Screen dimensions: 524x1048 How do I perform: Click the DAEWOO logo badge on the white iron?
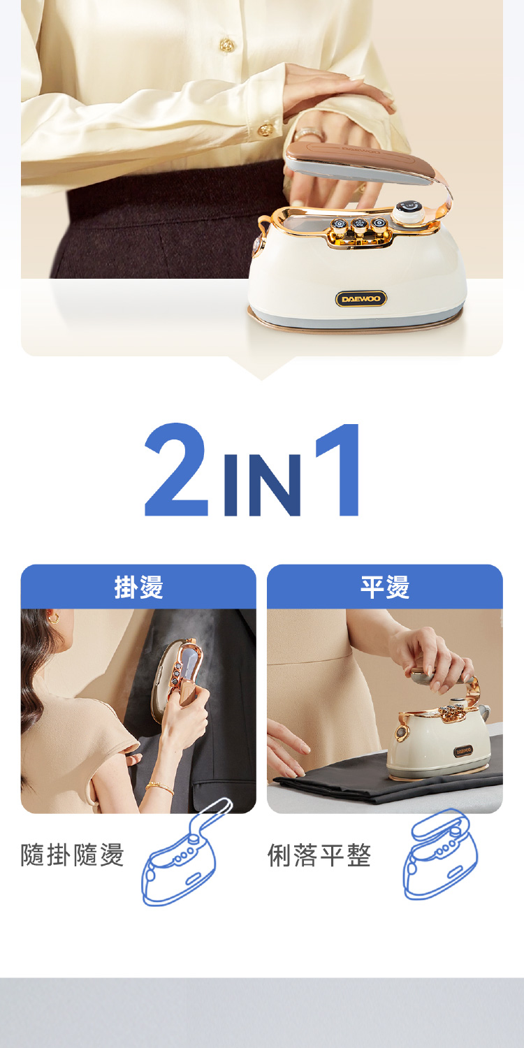pyautogui.click(x=361, y=299)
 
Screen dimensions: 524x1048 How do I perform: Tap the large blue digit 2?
pyautogui.click(x=176, y=470)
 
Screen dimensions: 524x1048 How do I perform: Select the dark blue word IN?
pyautogui.click(x=263, y=485)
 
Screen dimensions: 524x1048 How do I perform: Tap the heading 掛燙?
pyautogui.click(x=139, y=587)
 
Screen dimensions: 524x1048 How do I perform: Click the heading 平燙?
pyautogui.click(x=385, y=587)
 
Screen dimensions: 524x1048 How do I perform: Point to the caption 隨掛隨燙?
pyautogui.click(x=73, y=854)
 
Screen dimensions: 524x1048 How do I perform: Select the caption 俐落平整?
pyautogui.click(x=319, y=854)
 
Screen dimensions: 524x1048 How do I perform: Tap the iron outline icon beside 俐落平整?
pyautogui.click(x=441, y=854)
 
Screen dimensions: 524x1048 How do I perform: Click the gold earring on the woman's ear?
pyautogui.click(x=54, y=618)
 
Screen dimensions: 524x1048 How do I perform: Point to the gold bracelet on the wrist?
pyautogui.click(x=159, y=787)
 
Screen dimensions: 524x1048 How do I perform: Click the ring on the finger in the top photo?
pyautogui.click(x=309, y=134)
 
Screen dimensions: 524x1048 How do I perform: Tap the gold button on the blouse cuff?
pyautogui.click(x=266, y=129)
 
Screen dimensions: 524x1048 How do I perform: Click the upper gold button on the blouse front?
pyautogui.click(x=227, y=45)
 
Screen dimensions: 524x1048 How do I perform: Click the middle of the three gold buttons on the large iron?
pyautogui.click(x=359, y=225)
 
